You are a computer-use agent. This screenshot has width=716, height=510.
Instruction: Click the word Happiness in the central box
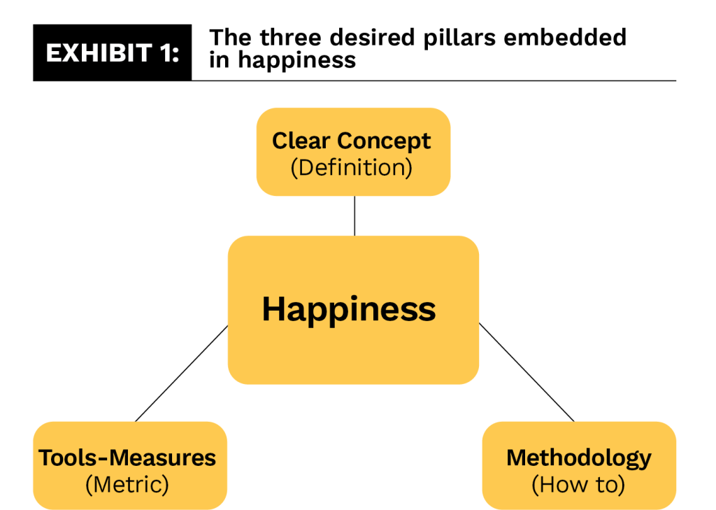(x=348, y=309)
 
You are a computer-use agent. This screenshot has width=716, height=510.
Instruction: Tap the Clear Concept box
(x=352, y=152)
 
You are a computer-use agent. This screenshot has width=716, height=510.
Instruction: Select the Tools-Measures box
(x=129, y=465)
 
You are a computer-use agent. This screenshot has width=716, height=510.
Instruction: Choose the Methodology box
(x=578, y=465)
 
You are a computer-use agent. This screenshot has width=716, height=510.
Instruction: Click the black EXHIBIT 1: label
(x=112, y=53)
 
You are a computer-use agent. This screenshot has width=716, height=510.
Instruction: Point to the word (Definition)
(x=352, y=168)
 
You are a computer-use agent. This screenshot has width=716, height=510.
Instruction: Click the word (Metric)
(x=127, y=484)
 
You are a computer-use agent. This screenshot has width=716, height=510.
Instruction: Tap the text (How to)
(x=578, y=484)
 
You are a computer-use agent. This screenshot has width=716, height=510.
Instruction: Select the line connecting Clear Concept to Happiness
(x=355, y=215)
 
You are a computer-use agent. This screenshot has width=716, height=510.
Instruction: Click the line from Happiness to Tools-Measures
(x=182, y=374)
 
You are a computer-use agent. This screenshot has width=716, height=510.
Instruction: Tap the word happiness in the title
(x=296, y=60)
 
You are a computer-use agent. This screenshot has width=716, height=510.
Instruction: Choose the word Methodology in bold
(x=578, y=458)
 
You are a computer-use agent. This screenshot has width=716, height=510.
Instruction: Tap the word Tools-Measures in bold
(x=127, y=458)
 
